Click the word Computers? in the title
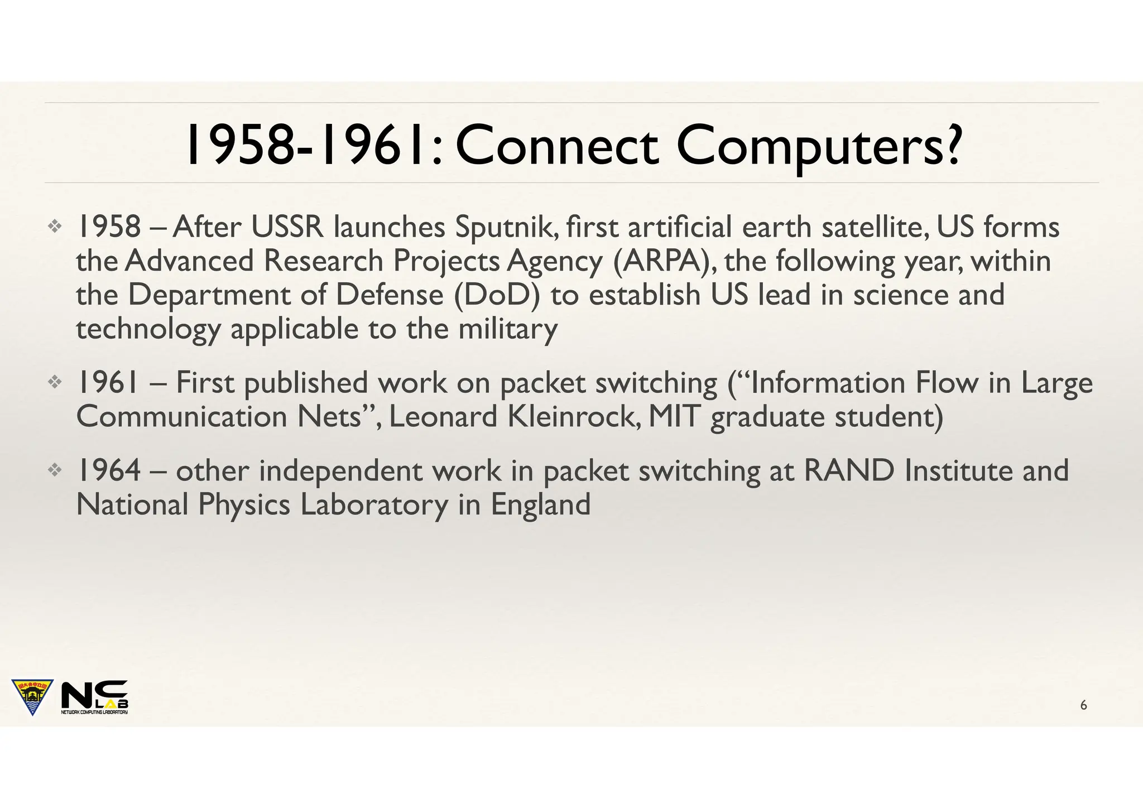819,146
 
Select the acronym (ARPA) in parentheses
661,261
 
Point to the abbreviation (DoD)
496,295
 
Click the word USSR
287,228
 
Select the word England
540,505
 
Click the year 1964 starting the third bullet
108,470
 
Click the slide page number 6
1083,705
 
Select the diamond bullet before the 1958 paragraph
55,226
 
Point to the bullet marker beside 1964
55,470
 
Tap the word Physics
244,505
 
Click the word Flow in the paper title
947,383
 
